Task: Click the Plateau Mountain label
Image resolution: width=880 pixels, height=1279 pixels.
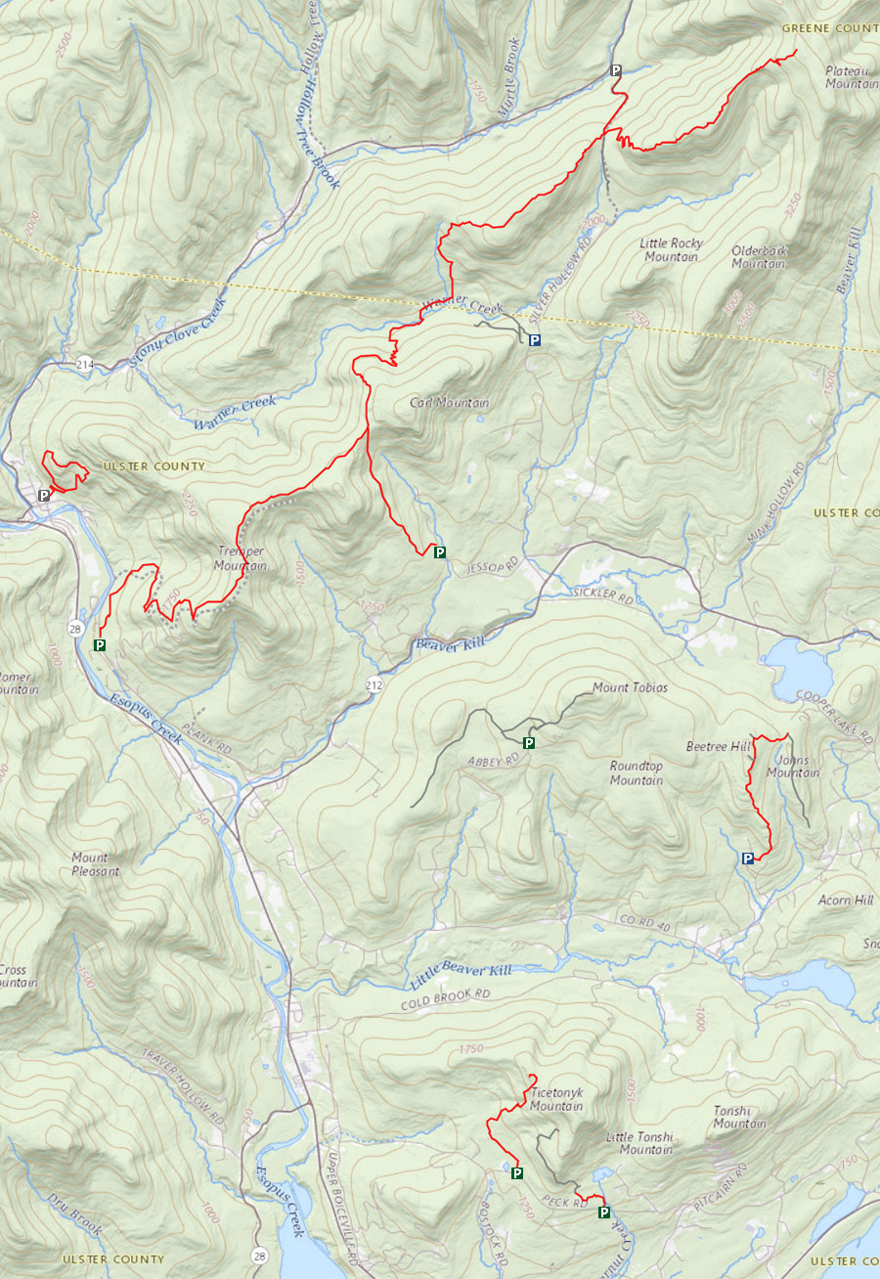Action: click(x=851, y=77)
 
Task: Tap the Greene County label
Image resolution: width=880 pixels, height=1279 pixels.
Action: click(x=830, y=29)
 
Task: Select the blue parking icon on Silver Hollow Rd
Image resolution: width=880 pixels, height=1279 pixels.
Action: click(x=534, y=340)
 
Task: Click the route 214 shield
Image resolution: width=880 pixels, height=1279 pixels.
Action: click(x=85, y=365)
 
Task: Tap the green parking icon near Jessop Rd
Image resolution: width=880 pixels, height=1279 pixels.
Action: click(x=440, y=552)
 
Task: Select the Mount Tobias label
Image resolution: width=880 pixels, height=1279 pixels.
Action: click(x=630, y=688)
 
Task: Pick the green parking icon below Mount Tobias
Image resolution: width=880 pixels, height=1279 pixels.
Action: click(x=529, y=743)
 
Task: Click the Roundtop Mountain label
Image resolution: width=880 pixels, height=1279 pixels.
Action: click(x=637, y=773)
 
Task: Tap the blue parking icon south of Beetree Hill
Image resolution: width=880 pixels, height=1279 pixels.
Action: click(x=748, y=859)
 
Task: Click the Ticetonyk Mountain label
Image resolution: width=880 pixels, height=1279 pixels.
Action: click(x=556, y=1100)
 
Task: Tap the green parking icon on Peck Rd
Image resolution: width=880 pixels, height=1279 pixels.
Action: click(x=603, y=1213)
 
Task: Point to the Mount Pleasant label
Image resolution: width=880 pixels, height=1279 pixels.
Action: click(x=96, y=864)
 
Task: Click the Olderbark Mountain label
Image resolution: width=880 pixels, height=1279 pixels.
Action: click(x=759, y=257)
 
